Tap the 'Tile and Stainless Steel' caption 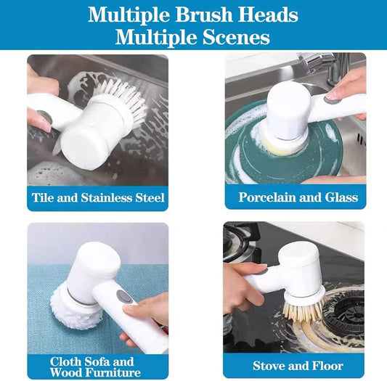(x=98, y=197)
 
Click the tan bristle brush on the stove (x=301, y=311)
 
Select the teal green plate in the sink (x=247, y=156)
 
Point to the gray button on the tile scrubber (x=44, y=116)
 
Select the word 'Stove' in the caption (x=269, y=365)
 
